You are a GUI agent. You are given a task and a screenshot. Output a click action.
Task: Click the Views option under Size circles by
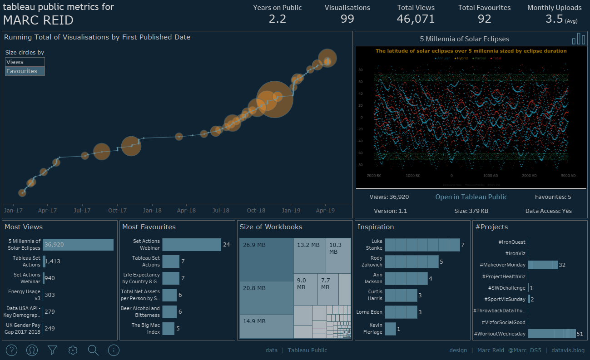pos(25,62)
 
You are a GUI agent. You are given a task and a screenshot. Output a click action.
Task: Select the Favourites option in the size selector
pos(25,71)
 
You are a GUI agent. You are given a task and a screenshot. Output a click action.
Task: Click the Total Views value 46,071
pos(416,19)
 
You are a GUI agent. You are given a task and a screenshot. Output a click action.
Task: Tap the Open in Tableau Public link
pos(471,197)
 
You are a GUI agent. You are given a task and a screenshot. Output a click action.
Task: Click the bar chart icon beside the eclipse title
pos(579,39)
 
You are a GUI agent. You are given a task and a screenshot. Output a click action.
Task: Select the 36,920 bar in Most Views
pos(78,245)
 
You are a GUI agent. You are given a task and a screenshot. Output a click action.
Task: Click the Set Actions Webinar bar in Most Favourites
pos(191,245)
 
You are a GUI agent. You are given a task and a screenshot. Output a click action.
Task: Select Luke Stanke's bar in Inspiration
pos(422,245)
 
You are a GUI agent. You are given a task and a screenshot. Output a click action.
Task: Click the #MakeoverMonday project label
pos(502,265)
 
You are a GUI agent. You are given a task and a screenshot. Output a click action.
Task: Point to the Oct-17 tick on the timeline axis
pos(117,211)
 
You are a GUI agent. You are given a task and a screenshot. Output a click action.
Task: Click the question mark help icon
pos(12,350)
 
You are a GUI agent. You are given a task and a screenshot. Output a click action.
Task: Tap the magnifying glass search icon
pos(93,350)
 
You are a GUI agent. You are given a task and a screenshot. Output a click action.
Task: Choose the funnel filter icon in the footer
pos(53,350)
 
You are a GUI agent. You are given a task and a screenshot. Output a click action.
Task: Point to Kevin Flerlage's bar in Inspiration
pos(390,329)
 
